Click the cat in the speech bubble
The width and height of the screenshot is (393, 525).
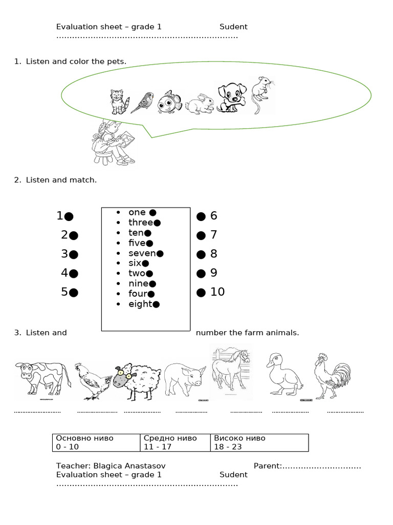point(119,102)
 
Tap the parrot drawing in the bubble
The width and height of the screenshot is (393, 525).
point(143,102)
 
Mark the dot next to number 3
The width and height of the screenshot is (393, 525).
point(74,254)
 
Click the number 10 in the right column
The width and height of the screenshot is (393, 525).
point(217,292)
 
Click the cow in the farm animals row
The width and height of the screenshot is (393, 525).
point(40,378)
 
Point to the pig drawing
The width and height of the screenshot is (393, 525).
point(185,380)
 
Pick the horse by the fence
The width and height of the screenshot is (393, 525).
point(231,371)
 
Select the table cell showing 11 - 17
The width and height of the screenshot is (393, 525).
point(175,442)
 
